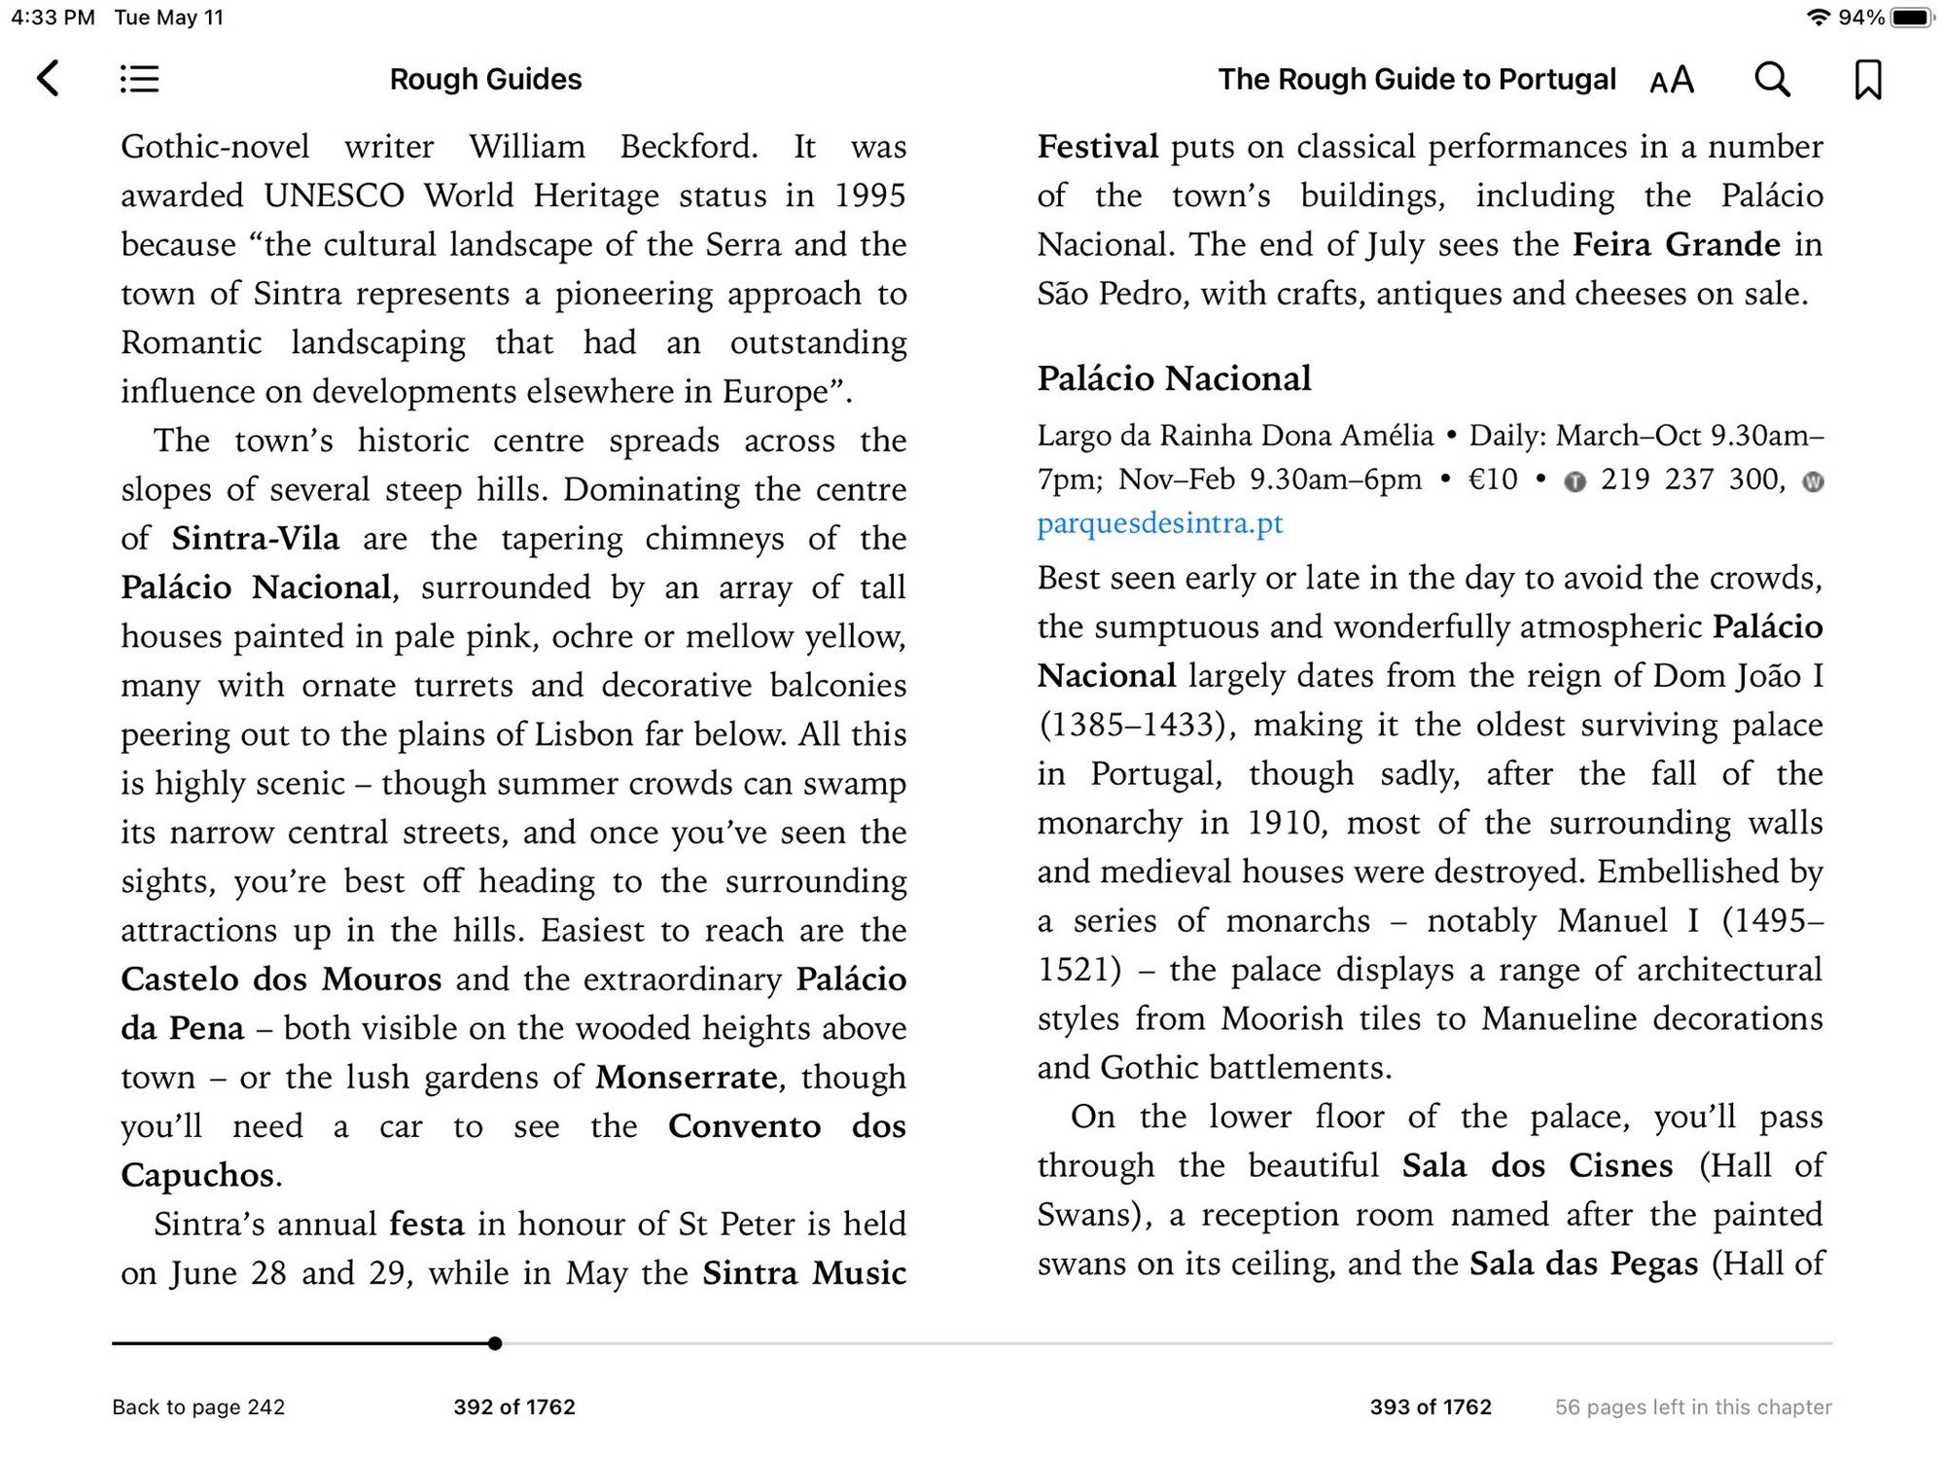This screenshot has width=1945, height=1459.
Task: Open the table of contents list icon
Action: click(139, 79)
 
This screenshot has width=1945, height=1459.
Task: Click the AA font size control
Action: click(1672, 80)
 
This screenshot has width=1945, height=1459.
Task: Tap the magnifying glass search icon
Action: click(1772, 80)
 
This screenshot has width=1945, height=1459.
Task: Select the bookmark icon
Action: click(1867, 80)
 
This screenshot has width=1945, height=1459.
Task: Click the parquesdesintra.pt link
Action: click(1159, 524)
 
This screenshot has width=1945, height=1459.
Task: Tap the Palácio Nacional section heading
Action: click(1174, 378)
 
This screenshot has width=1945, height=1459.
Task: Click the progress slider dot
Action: click(495, 1343)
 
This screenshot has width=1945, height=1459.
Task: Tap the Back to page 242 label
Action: click(198, 1406)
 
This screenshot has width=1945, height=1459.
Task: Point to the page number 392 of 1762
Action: click(514, 1406)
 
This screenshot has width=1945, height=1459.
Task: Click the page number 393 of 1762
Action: click(1431, 1406)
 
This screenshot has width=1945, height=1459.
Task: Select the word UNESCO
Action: click(334, 196)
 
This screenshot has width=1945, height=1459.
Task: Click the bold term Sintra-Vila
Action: click(256, 539)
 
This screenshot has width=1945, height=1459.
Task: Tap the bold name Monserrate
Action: click(687, 1078)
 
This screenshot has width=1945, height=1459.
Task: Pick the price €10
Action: click(1492, 480)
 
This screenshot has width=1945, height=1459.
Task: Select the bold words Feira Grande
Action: click(1677, 244)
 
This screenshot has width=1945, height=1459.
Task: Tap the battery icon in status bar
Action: click(1911, 18)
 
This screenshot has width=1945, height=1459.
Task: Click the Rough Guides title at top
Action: click(485, 80)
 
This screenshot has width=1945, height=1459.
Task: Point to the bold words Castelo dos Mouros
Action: click(281, 979)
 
